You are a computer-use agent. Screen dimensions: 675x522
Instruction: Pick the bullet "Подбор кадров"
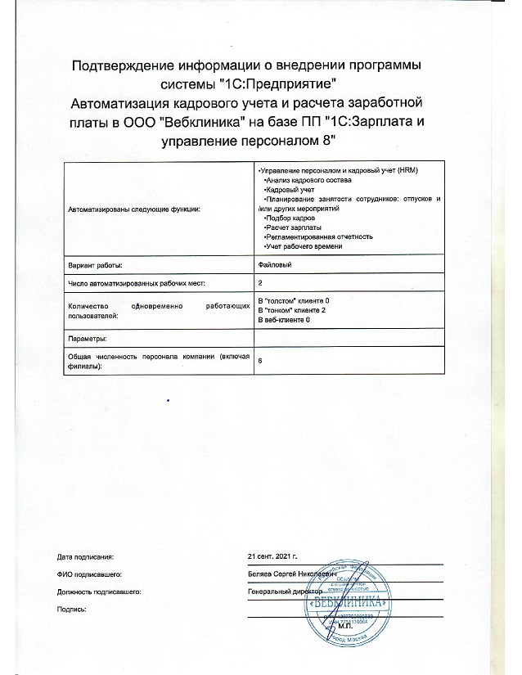coord(291,218)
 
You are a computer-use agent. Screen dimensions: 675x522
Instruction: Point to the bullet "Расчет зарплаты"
coord(294,227)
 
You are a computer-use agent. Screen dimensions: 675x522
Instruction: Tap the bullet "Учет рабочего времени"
coord(304,246)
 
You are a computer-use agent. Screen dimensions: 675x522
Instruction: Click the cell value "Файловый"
coord(274,265)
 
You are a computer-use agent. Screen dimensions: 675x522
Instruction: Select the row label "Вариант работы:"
coord(96,265)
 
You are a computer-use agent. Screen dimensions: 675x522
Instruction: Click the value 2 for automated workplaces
coord(260,282)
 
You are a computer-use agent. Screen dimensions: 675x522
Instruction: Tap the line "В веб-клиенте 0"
coord(284,320)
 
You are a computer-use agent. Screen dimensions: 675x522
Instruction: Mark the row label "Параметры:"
coord(86,338)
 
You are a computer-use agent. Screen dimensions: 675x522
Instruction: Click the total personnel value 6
coord(260,360)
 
